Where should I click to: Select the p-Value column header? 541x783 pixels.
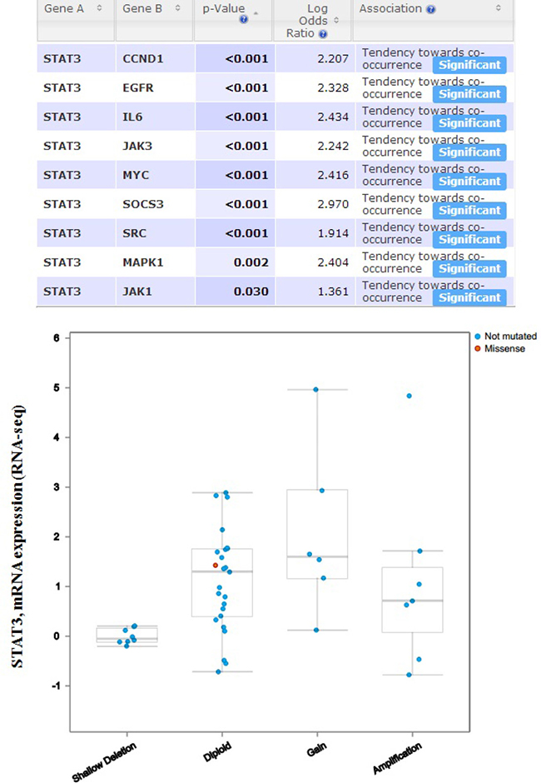point(224,9)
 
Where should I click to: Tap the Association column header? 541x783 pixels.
point(391,8)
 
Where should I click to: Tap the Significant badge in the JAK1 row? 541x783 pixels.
point(469,298)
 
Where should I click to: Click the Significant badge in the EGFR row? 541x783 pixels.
point(469,94)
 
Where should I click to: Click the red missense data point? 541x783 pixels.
point(216,566)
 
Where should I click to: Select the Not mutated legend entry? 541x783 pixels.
point(510,337)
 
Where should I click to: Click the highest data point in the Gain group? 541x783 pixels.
point(315,389)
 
